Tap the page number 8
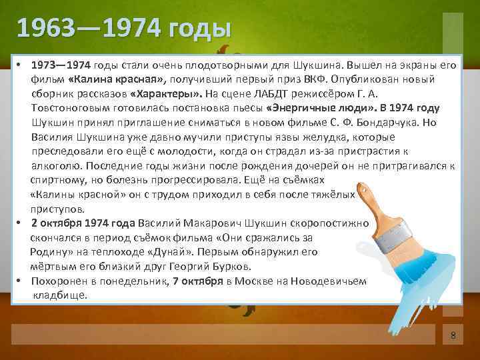tap(453, 335)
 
